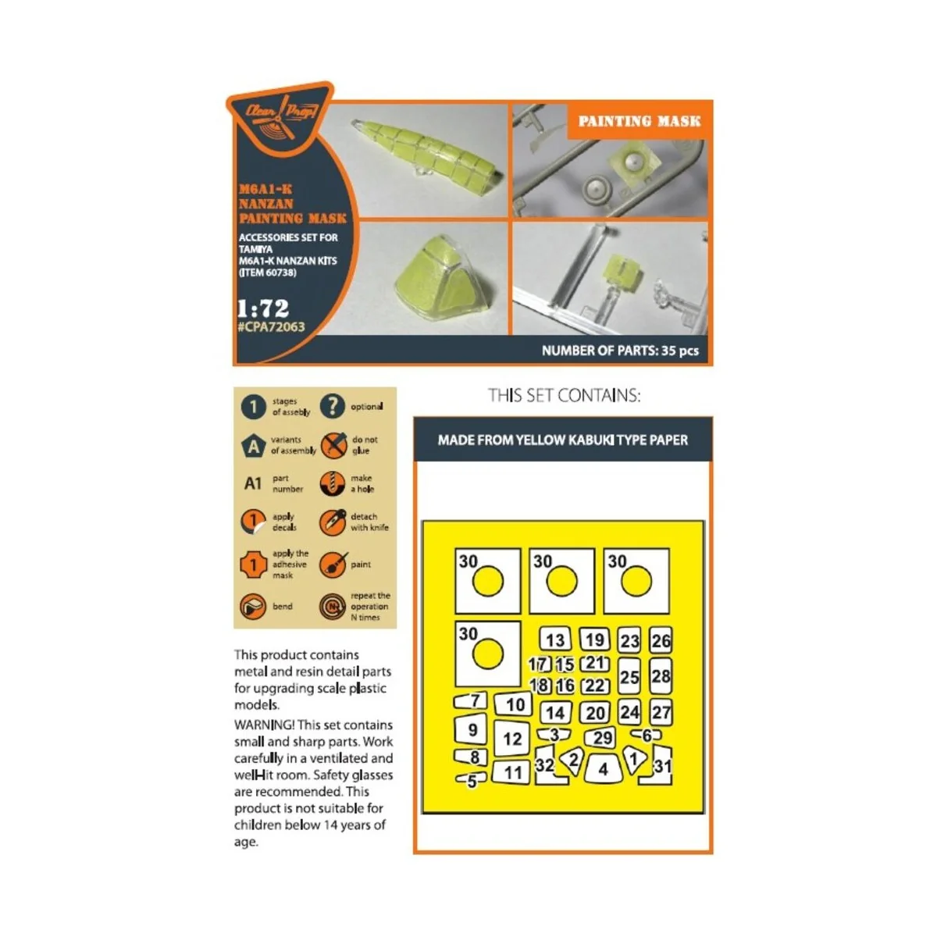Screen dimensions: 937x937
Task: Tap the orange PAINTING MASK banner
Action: [640, 121]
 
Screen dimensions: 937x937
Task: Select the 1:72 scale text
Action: [263, 308]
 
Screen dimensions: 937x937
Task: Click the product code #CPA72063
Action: [271, 327]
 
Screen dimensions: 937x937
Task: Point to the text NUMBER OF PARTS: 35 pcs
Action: [620, 351]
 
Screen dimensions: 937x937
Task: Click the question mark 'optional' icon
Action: [333, 406]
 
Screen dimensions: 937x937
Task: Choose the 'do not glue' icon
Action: [333, 446]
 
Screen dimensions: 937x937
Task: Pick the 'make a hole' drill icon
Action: [333, 483]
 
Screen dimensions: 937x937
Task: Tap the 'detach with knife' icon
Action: [333, 522]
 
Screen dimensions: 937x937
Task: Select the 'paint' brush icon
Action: [333, 564]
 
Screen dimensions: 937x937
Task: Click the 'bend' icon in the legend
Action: [253, 606]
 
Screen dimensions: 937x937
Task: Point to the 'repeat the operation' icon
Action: [333, 606]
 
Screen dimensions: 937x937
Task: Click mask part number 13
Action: [555, 640]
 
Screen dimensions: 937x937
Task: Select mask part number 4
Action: [603, 769]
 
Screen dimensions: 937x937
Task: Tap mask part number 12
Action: [512, 739]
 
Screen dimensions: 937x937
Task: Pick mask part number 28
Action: [661, 676]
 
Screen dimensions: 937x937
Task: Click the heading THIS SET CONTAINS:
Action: [564, 396]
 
